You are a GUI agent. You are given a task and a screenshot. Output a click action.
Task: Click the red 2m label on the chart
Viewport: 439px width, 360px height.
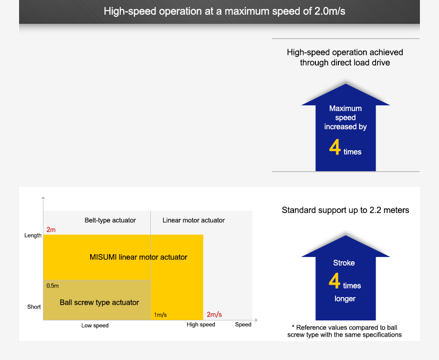click(x=51, y=230)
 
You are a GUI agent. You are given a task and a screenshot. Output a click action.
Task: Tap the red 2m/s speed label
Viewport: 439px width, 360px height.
click(x=214, y=315)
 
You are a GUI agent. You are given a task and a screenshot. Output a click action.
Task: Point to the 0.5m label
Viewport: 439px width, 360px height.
click(x=52, y=286)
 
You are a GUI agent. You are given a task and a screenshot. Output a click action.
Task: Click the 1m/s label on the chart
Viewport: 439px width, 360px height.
click(x=160, y=315)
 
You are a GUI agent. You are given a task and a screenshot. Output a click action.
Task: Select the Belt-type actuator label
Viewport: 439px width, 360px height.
click(x=110, y=220)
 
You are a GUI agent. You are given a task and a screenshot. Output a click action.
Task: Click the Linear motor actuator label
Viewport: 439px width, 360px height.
click(x=193, y=220)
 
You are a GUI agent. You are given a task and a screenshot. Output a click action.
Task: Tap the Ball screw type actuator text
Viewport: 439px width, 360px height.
click(x=99, y=302)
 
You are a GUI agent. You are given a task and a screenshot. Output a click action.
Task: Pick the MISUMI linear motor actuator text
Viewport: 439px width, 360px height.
click(x=138, y=257)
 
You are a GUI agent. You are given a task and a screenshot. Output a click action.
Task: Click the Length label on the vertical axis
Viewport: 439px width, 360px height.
click(x=33, y=236)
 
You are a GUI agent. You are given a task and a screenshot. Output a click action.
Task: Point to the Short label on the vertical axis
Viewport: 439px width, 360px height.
click(x=34, y=307)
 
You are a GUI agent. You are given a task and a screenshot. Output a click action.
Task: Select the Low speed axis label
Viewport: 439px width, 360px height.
click(x=95, y=326)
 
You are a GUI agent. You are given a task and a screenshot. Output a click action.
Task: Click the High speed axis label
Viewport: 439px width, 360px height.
click(x=201, y=325)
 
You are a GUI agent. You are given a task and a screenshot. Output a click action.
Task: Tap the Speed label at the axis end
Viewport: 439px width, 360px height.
click(x=243, y=325)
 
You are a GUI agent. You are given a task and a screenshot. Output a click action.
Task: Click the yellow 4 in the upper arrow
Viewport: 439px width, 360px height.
click(x=335, y=148)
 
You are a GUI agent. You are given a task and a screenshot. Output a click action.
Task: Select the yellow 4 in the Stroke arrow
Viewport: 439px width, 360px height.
click(x=334, y=282)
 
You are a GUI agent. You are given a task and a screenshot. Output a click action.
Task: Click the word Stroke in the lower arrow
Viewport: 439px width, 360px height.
click(x=344, y=263)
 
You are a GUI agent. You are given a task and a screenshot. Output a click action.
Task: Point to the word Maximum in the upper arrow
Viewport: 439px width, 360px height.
click(x=345, y=109)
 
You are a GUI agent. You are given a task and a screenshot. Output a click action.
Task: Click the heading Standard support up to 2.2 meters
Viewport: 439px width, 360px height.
click(x=345, y=210)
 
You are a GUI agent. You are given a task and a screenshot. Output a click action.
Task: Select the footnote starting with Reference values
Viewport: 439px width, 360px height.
click(x=345, y=331)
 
